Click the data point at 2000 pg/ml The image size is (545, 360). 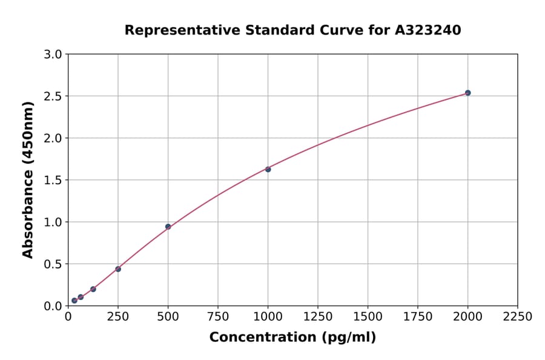tap(467, 93)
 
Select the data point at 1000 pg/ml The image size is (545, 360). tap(268, 169)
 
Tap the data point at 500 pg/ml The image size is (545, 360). tap(168, 227)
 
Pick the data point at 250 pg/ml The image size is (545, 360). tap(118, 269)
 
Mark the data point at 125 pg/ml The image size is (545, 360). tap(93, 289)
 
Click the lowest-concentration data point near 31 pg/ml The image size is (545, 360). tap(74, 301)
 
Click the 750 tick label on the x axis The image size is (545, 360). tap(218, 317)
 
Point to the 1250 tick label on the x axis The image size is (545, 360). tap(318, 317)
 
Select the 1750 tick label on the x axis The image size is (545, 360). tap(418, 317)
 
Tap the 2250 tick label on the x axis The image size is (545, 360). tap(518, 317)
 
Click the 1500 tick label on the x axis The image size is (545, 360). tap(368, 317)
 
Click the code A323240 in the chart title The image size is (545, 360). tap(428, 30)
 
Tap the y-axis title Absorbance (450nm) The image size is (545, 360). tap(28, 179)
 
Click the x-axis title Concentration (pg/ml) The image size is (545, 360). tap(292, 338)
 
